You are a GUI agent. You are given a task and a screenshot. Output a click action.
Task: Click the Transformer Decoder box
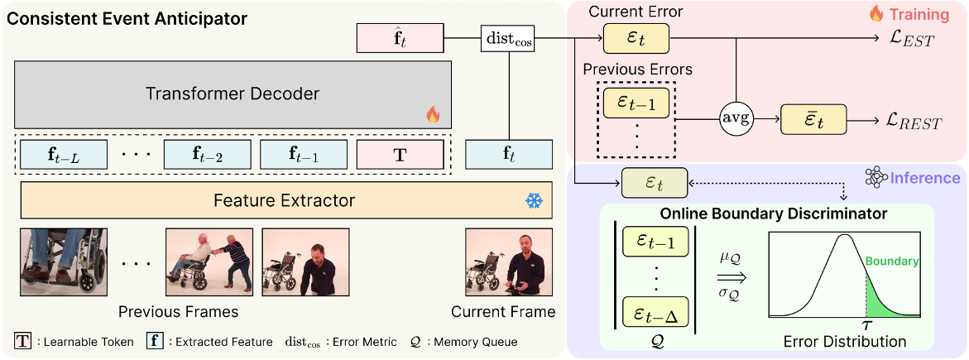point(233,94)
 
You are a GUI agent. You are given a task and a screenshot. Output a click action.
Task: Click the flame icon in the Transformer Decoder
point(432,115)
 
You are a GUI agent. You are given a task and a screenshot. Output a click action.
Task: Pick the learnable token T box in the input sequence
point(399,155)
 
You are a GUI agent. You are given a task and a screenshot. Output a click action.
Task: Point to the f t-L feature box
point(64,155)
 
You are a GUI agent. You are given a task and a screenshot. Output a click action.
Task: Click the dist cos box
point(508,38)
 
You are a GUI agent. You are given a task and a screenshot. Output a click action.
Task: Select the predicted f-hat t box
point(399,38)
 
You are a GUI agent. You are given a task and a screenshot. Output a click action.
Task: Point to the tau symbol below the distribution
point(866,325)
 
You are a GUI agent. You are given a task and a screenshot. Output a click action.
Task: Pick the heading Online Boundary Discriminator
point(773,214)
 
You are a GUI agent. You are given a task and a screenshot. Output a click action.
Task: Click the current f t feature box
point(508,155)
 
